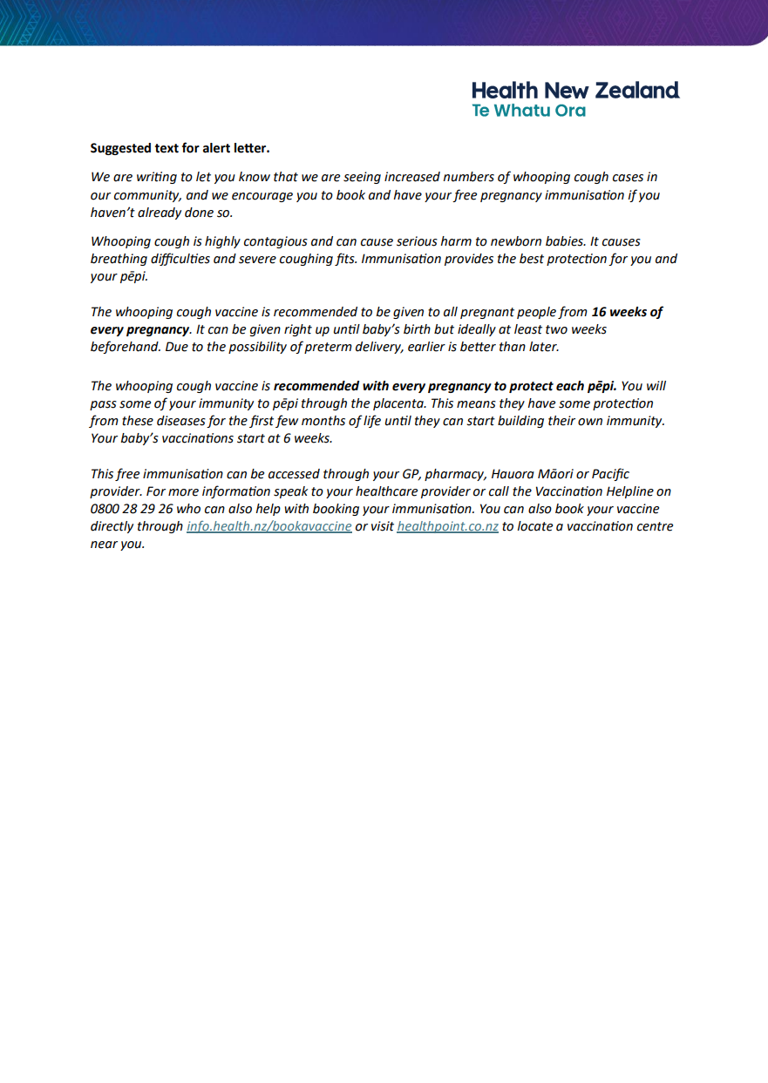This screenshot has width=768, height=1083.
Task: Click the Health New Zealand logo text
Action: coord(575,91)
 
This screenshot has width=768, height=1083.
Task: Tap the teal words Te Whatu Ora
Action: coord(528,112)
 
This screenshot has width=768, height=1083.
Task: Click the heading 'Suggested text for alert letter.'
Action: coord(180,149)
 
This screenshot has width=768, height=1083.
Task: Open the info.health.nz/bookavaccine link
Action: coord(268,526)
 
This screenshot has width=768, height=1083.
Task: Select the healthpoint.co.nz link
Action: coord(447,526)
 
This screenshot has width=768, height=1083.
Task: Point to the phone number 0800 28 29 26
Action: coord(131,509)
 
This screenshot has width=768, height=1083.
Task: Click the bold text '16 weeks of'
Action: coord(627,312)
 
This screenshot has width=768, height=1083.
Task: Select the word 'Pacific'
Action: coord(610,474)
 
